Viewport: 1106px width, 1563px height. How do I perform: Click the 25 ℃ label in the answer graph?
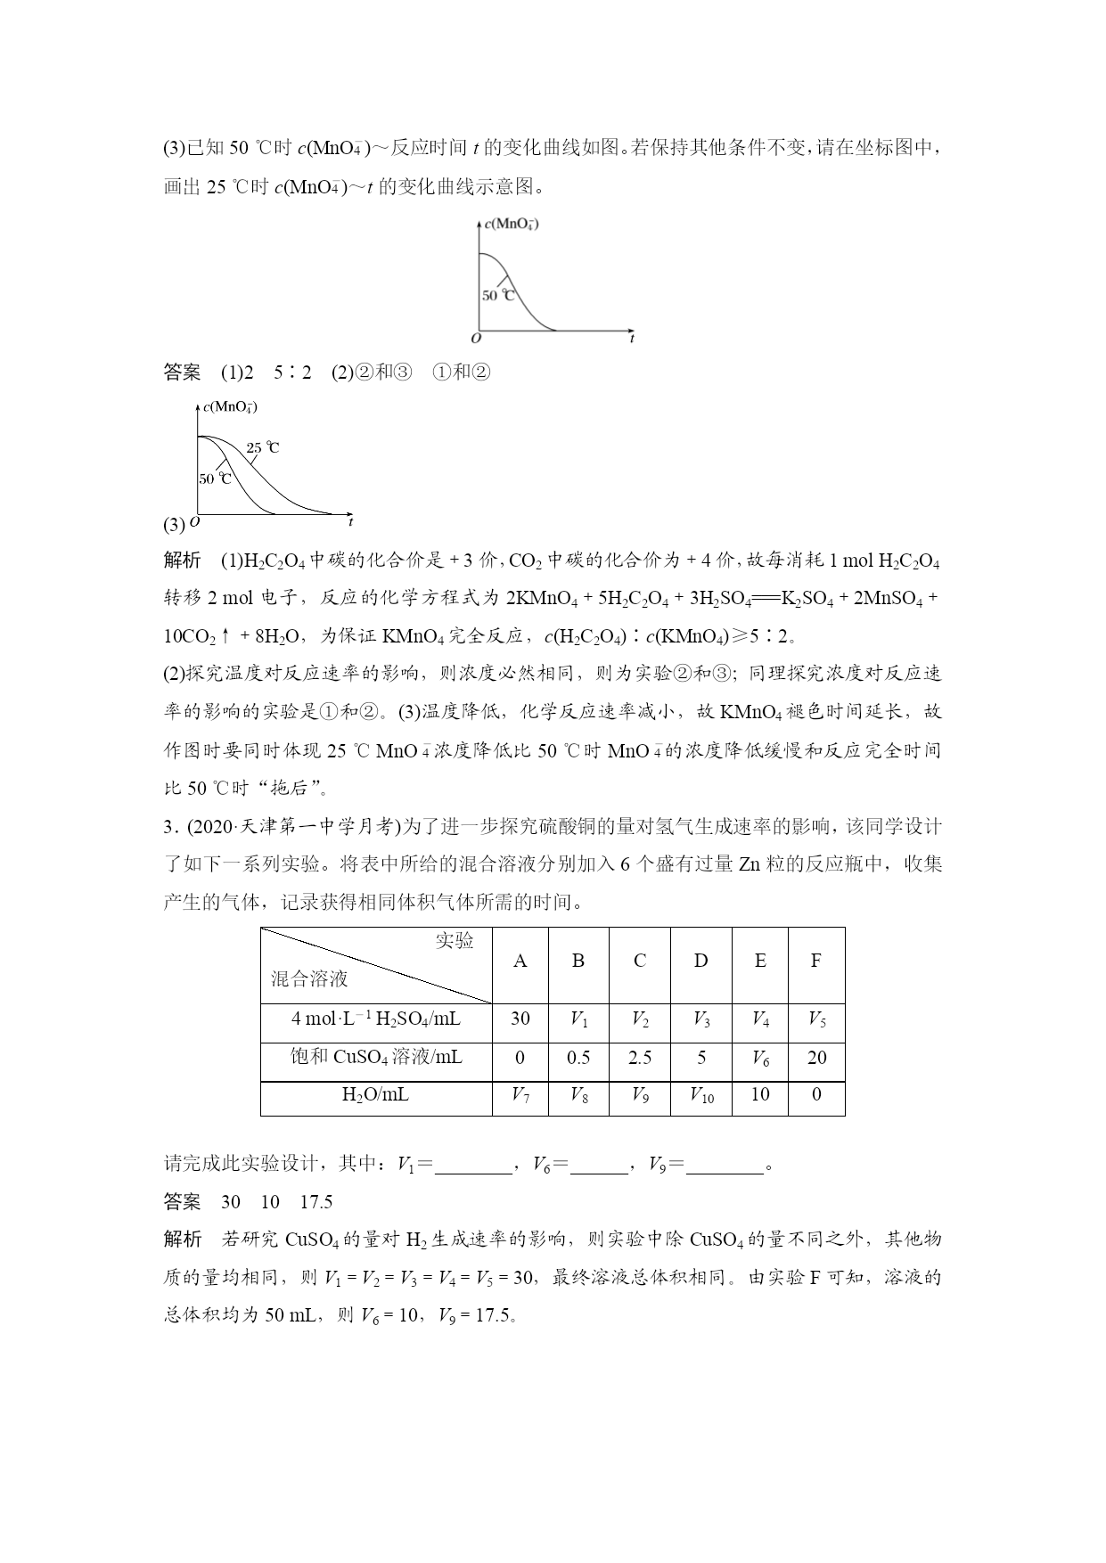[262, 447]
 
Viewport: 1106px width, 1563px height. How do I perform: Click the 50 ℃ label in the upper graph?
[498, 295]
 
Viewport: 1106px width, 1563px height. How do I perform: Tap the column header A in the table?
[520, 961]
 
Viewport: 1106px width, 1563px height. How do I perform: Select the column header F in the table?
[816, 961]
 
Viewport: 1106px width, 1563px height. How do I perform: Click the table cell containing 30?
[520, 1019]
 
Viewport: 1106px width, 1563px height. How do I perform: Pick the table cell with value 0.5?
[578, 1058]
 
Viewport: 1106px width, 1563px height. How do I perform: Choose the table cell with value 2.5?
[640, 1058]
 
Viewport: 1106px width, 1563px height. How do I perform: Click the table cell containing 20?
[816, 1058]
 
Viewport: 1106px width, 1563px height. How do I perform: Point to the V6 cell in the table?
[760, 1059]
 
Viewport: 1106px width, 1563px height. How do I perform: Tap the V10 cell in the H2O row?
[701, 1095]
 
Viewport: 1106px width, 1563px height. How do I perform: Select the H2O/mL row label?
[375, 1095]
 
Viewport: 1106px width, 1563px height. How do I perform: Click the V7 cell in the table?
[520, 1095]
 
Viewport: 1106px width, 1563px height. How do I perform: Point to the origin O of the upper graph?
[476, 338]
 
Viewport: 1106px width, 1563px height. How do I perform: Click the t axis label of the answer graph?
[350, 521]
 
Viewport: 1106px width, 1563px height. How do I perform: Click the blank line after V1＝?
[473, 1165]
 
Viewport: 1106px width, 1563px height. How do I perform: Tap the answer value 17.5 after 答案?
[315, 1202]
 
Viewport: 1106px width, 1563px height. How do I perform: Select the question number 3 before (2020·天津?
[168, 828]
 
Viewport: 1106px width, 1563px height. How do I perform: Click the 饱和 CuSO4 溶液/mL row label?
[375, 1058]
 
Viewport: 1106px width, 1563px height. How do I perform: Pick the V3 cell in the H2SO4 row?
[701, 1019]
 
